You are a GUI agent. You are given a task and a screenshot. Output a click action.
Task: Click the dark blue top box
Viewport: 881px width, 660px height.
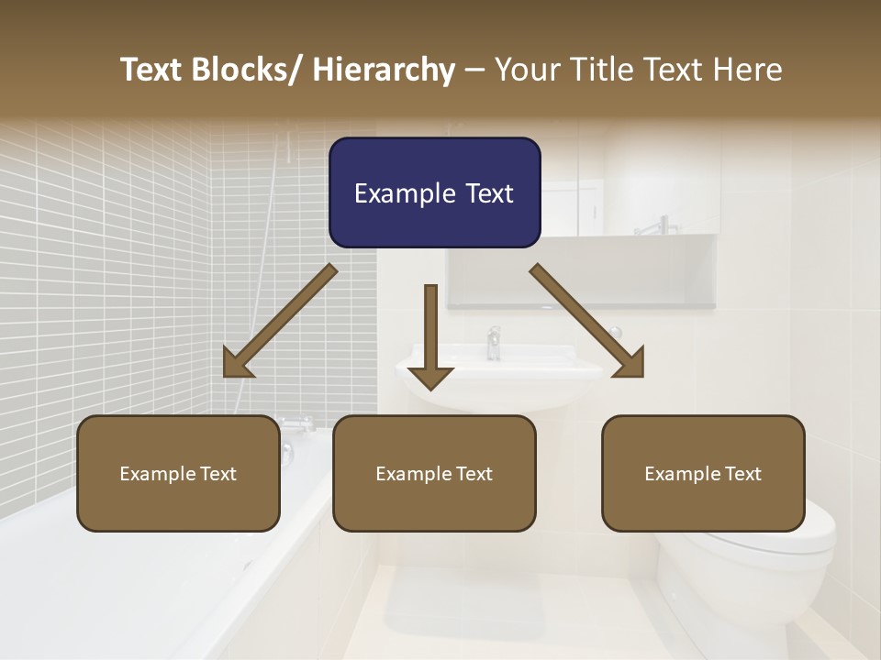(434, 192)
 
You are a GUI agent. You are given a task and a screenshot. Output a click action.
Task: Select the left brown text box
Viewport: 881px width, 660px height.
(178, 473)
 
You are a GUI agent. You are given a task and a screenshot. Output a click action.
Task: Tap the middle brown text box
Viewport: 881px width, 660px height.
(434, 473)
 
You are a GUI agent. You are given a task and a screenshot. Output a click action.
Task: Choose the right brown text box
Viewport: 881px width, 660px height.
(703, 473)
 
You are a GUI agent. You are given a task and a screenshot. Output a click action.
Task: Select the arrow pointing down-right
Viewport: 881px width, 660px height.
(588, 322)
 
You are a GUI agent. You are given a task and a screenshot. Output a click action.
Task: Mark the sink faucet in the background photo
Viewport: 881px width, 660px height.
(495, 342)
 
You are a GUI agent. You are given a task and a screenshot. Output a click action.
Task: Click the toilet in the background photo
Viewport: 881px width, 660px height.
(753, 568)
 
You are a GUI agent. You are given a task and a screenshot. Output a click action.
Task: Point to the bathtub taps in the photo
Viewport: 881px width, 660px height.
(296, 424)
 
